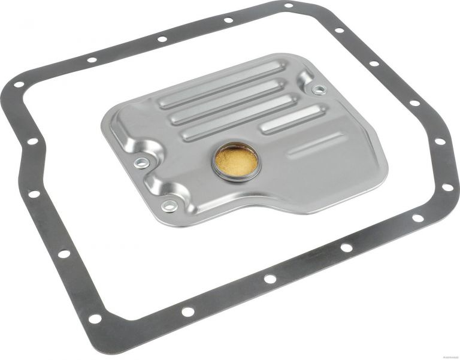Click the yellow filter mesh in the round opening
click(236, 160)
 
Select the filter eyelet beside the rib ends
click(319, 90)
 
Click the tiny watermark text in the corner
click(441, 356)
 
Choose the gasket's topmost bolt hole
click(289, 5)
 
